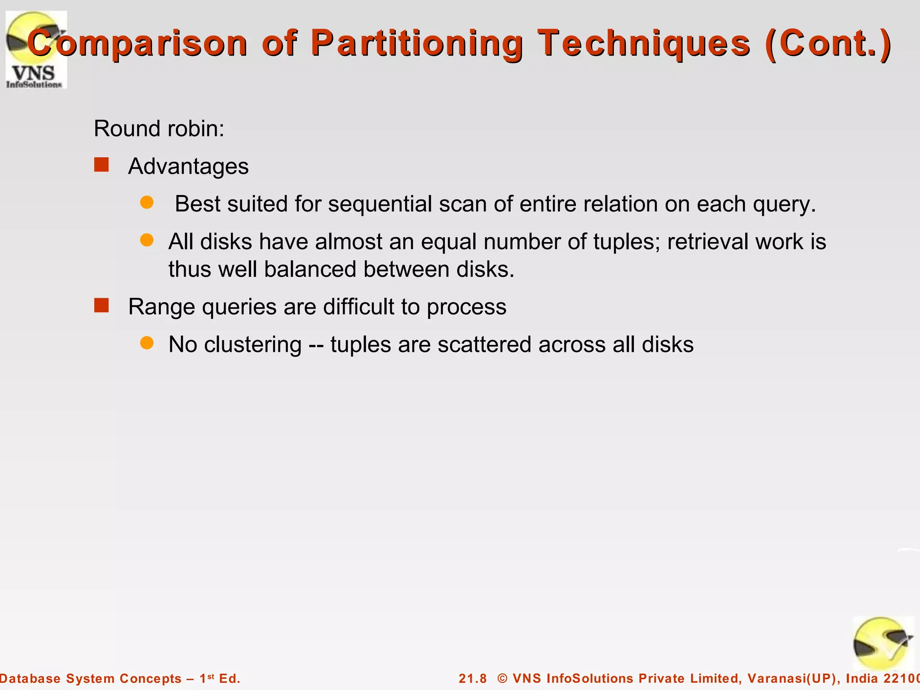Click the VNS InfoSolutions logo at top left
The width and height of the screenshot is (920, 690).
tap(36, 49)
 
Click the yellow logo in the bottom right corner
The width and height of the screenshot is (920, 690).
tap(883, 643)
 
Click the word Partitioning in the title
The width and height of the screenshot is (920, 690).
tap(417, 43)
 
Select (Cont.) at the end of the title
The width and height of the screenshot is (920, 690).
tap(828, 43)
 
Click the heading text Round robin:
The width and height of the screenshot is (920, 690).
tap(159, 128)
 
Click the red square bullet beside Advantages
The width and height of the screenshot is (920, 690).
tap(102, 165)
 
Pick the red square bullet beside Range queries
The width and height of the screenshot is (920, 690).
tap(102, 305)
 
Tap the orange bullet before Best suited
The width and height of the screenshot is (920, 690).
tap(147, 202)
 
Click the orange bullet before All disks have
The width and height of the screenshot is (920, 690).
tap(147, 240)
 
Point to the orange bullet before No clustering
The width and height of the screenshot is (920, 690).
tap(147, 343)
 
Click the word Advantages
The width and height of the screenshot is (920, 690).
tap(188, 166)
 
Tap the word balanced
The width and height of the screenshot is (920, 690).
tap(310, 270)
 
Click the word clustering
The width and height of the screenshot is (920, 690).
tap(252, 345)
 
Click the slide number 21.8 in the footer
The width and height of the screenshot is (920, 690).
tap(473, 678)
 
